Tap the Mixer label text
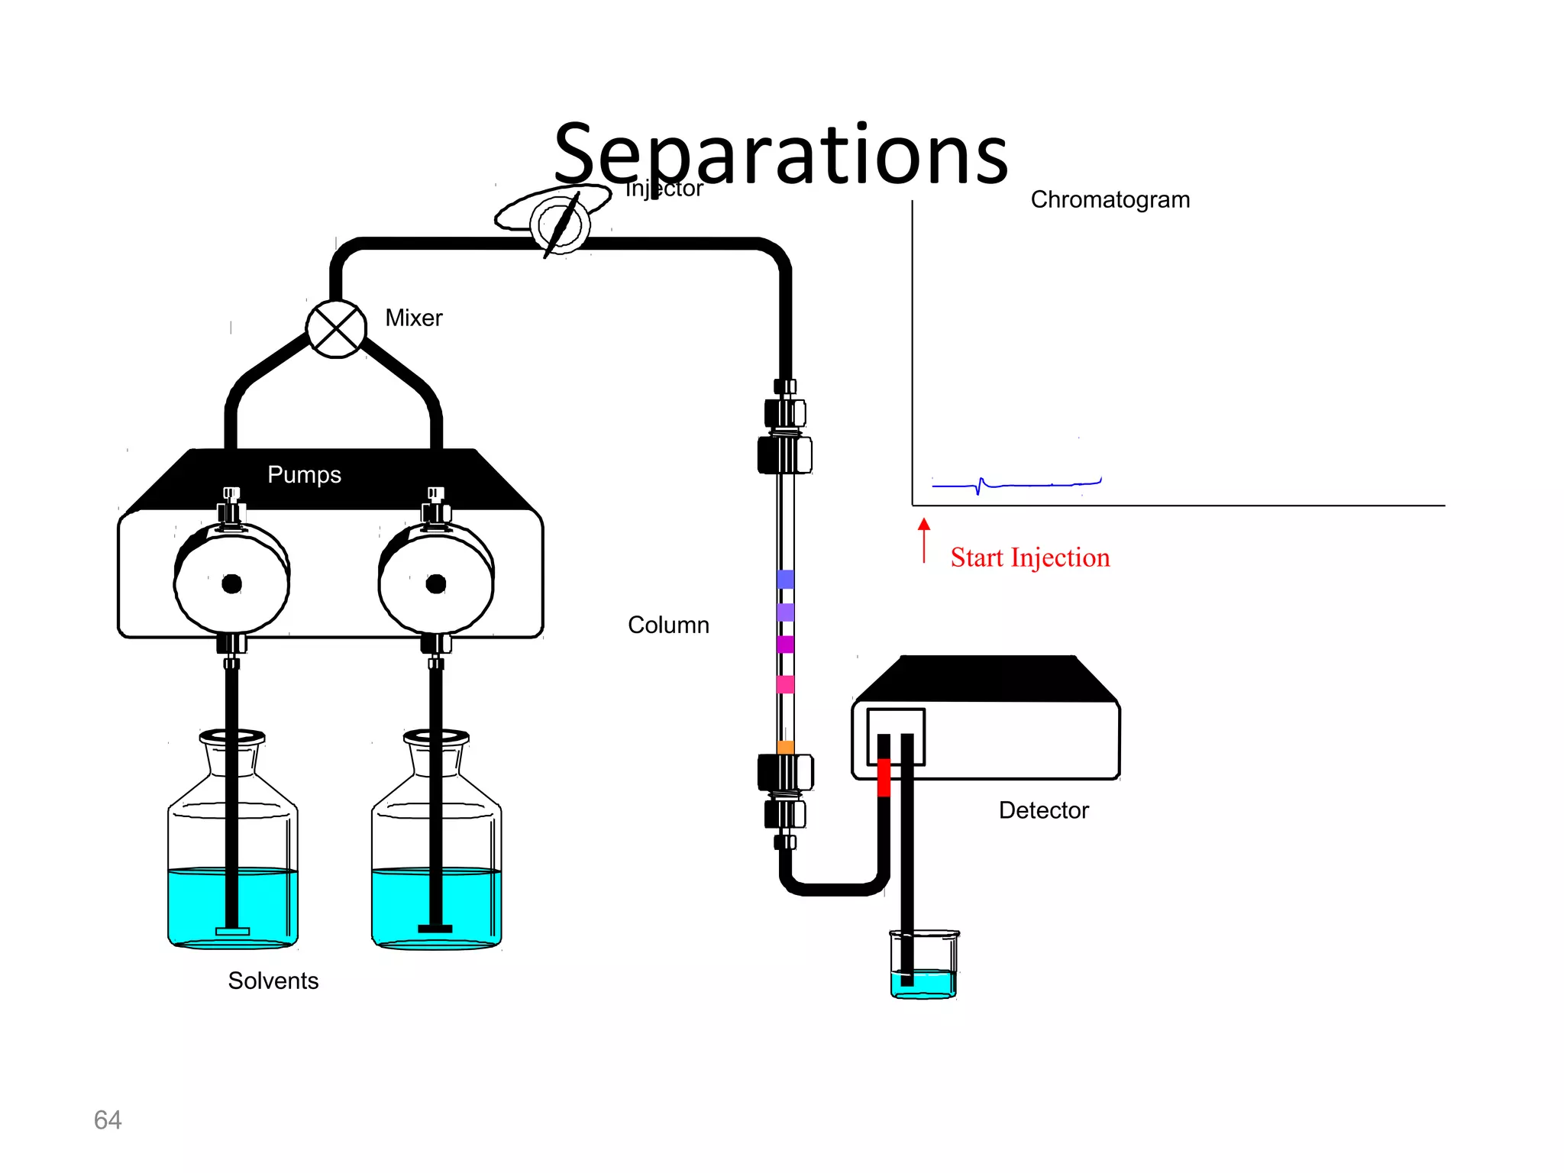[x=413, y=318]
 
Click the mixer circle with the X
[x=336, y=329]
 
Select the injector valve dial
[x=560, y=225]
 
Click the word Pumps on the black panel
[x=304, y=475]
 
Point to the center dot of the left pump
[x=232, y=584]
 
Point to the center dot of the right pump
[x=436, y=584]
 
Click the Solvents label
[x=273, y=981]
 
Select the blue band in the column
[x=785, y=580]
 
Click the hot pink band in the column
[x=785, y=684]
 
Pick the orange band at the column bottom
[x=785, y=747]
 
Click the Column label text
[x=668, y=625]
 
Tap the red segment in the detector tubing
[x=884, y=777]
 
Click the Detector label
[x=1043, y=810]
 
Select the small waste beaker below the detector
[x=924, y=966]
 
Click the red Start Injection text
[x=1029, y=557]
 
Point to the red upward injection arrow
[x=924, y=539]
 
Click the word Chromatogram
[x=1110, y=200]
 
